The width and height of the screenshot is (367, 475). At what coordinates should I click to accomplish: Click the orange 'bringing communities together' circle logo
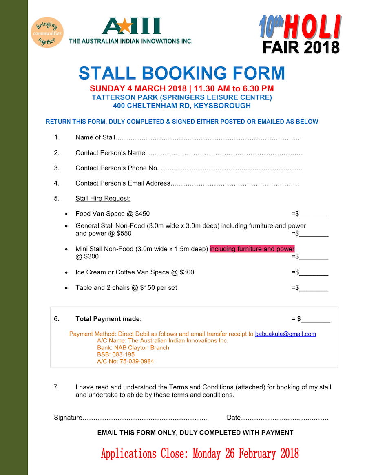point(47,32)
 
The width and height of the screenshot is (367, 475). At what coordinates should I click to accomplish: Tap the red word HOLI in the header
point(312,27)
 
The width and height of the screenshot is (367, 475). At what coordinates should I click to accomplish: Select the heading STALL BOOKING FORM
point(181,73)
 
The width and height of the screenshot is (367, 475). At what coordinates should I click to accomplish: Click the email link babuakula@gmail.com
point(285,334)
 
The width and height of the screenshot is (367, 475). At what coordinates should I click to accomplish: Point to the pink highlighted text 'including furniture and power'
point(252,249)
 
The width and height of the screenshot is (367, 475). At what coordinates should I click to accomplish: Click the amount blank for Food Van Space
point(314,214)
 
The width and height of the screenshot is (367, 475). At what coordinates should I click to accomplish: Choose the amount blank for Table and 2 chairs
point(314,288)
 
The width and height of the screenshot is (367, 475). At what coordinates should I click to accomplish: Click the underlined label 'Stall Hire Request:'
point(103,199)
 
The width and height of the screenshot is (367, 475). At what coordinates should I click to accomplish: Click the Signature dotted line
point(145,418)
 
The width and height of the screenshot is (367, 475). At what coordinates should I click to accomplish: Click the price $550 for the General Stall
point(124,234)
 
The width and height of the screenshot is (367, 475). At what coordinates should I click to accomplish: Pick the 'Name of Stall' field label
point(95,137)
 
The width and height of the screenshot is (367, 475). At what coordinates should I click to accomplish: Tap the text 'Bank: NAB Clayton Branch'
point(133,348)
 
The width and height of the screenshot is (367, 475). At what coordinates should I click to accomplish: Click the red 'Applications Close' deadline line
point(200,453)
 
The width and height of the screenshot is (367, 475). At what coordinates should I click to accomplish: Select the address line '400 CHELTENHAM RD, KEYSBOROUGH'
point(182,106)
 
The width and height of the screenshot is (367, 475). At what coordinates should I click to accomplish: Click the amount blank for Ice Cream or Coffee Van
point(314,272)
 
